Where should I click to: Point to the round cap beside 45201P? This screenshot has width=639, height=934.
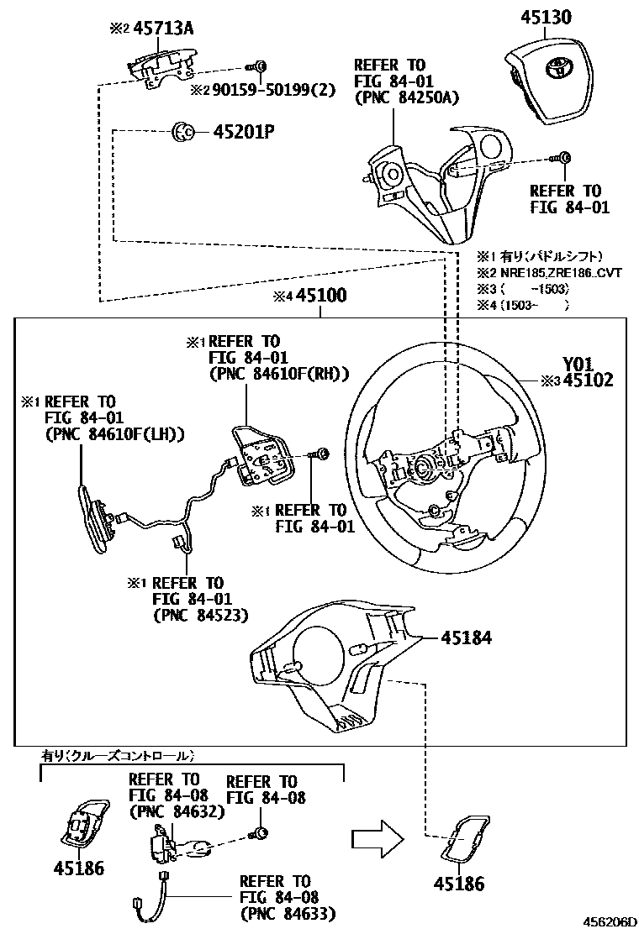182,131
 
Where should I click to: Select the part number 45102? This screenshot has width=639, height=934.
588,380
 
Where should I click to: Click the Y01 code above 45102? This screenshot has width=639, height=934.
578,364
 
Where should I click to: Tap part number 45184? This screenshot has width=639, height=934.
466,638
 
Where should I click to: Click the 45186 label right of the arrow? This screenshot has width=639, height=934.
459,884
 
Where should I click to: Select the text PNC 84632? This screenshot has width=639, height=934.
177,811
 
